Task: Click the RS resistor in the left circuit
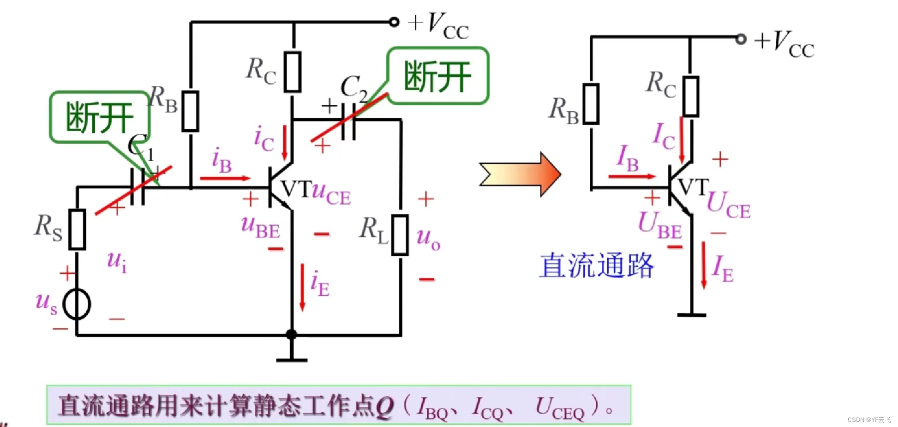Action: tap(77, 229)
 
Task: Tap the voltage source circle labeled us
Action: tap(77, 304)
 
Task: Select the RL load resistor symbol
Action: tap(400, 235)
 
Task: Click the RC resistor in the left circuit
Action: tap(293, 72)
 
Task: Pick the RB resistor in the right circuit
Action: tap(591, 104)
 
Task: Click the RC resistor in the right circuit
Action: tap(691, 96)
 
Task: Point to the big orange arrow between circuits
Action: tap(521, 174)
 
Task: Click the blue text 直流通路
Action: tap(597, 266)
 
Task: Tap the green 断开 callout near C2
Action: tap(437, 76)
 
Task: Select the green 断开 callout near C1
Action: tap(99, 117)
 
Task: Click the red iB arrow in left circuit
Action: tap(225, 178)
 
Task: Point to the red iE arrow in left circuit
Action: tap(302, 286)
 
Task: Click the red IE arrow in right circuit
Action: tap(704, 265)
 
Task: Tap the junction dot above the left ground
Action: tap(291, 334)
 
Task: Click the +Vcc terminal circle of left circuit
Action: tap(394, 22)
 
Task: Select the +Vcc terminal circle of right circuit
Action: tap(741, 39)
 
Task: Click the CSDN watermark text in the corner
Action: tap(868, 420)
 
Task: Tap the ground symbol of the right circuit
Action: tap(691, 315)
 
